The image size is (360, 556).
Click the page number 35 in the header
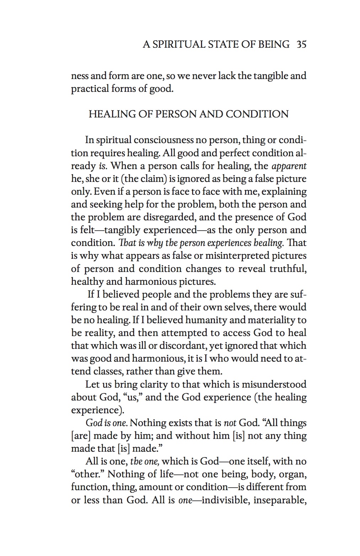pos(301,44)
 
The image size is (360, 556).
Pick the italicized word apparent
pos(289,166)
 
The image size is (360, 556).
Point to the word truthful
pos(288,268)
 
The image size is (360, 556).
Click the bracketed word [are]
pos(81,436)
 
